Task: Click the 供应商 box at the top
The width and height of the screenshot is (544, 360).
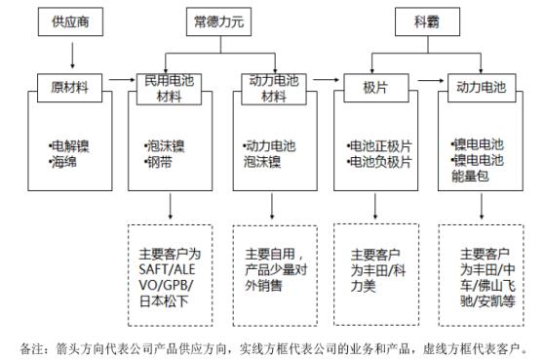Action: click(x=72, y=20)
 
